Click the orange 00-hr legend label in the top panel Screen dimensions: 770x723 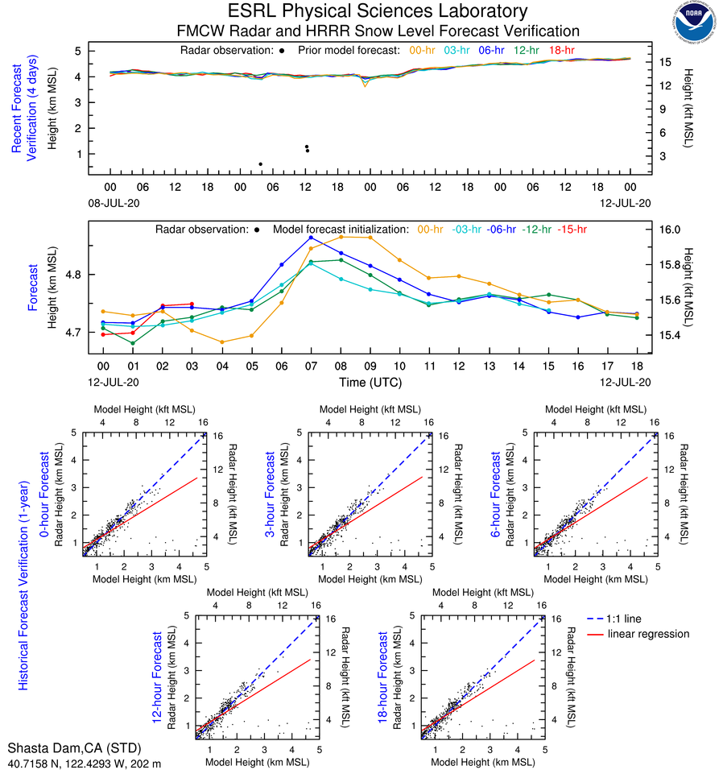click(x=423, y=50)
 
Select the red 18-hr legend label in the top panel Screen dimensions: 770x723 click(x=563, y=50)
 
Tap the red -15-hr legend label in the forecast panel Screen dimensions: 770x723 click(x=572, y=229)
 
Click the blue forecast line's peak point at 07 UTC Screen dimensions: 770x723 click(x=311, y=238)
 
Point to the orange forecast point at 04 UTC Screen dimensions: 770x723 click(x=222, y=342)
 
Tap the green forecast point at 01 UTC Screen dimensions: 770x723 click(x=133, y=343)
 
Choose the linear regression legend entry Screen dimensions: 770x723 click(x=649, y=634)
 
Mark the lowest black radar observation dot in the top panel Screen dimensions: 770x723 click(x=260, y=164)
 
